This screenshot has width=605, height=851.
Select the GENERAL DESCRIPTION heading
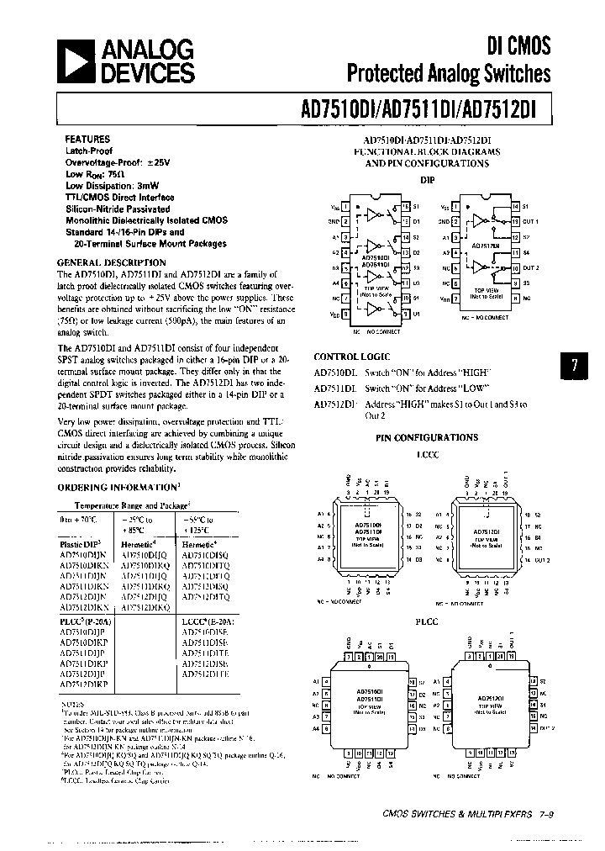tap(105, 262)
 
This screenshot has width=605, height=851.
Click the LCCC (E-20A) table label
tap(206, 620)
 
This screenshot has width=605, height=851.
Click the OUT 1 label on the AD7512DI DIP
tap(530, 221)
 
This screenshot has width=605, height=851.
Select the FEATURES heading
tap(87, 138)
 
